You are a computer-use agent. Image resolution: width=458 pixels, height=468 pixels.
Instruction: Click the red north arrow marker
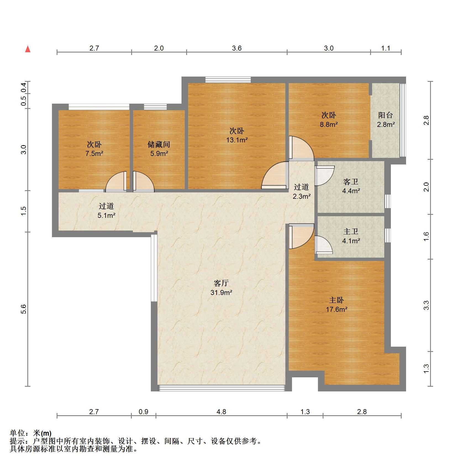(28, 49)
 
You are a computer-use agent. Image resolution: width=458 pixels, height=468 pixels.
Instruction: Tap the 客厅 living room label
(221, 283)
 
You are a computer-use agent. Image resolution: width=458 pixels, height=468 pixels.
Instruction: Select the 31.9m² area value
(221, 292)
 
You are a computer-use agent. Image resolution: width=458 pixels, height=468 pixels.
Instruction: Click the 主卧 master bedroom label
(336, 300)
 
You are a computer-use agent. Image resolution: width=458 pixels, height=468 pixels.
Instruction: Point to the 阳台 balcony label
(385, 115)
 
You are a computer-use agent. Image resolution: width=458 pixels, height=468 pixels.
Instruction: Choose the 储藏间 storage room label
(159, 144)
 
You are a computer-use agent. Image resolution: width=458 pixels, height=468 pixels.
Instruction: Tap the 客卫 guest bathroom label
(351, 182)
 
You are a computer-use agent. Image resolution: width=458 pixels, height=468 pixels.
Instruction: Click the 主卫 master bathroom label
(351, 231)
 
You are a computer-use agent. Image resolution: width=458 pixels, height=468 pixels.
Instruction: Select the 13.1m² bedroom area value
(237, 140)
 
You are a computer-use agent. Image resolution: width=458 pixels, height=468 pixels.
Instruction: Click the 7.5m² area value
(94, 153)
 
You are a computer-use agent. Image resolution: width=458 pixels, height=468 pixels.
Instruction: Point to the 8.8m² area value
(329, 124)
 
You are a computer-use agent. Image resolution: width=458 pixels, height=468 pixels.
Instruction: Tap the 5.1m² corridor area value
(106, 215)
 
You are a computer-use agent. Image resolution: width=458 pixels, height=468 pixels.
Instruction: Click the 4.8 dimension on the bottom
(221, 412)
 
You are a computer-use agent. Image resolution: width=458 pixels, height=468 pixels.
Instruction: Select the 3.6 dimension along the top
(237, 48)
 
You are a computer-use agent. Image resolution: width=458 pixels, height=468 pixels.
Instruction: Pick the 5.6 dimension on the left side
(24, 309)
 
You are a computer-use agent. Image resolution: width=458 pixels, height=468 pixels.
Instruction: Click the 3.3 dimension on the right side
(426, 305)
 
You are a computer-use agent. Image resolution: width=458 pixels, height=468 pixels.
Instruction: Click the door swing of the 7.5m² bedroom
(116, 182)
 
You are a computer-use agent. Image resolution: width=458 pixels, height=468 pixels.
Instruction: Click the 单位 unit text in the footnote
(17, 433)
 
